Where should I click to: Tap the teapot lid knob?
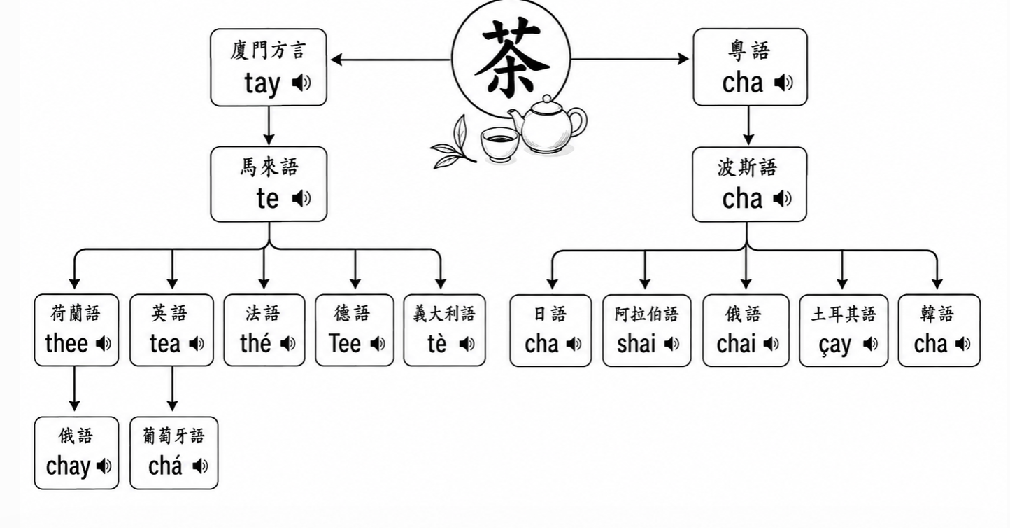click(546, 99)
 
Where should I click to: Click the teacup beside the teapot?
click(499, 144)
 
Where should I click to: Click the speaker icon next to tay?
click(301, 83)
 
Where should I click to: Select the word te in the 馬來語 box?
click(267, 199)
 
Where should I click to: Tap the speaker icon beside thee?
click(104, 344)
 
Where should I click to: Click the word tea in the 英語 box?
click(165, 344)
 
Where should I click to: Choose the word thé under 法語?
click(255, 343)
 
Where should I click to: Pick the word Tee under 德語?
click(345, 343)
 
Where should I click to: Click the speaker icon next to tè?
click(467, 345)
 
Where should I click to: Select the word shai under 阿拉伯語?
click(636, 344)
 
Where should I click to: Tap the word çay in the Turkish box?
click(835, 345)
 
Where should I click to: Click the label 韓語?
click(937, 314)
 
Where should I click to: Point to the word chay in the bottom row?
click(68, 466)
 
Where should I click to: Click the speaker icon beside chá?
click(200, 466)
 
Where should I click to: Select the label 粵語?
click(749, 50)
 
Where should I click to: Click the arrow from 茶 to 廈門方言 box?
click(391, 59)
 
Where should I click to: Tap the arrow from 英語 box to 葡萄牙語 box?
click(172, 389)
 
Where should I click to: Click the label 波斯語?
click(748, 168)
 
